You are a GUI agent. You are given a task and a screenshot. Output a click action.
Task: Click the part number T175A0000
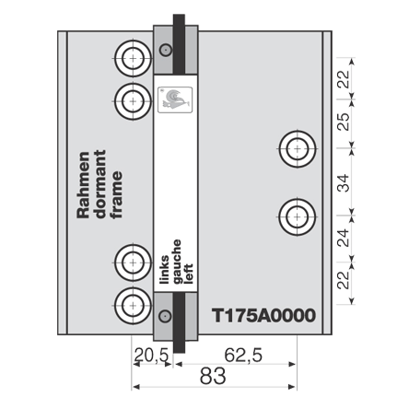[x=263, y=315]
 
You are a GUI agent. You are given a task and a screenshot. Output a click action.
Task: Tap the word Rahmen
[x=83, y=185]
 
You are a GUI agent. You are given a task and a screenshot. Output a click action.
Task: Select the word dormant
[x=100, y=184]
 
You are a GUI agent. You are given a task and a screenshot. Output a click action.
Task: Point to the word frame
[x=117, y=194]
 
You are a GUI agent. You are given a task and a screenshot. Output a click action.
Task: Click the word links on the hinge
[x=165, y=269]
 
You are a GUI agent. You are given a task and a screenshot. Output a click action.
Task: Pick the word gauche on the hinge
[x=177, y=262]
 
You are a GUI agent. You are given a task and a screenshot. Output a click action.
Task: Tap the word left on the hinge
[x=188, y=274]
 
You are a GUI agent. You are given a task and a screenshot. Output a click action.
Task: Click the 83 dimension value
[x=213, y=377]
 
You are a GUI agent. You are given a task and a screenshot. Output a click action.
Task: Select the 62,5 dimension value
[x=243, y=356]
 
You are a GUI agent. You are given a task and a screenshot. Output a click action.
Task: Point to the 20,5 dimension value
[x=152, y=356]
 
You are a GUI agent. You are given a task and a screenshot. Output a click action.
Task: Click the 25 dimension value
[x=344, y=122]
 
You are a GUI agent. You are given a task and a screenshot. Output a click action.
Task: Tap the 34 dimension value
[x=344, y=183]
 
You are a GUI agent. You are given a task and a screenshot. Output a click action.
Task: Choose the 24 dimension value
[x=344, y=238]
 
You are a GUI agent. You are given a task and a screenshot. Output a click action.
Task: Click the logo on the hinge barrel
[x=175, y=99]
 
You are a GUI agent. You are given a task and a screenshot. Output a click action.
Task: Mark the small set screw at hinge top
[x=166, y=50]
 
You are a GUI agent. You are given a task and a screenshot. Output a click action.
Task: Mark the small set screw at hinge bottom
[x=165, y=316]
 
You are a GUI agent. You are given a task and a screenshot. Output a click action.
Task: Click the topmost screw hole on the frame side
[x=133, y=58]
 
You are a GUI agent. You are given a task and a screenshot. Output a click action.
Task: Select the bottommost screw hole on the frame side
[x=133, y=306]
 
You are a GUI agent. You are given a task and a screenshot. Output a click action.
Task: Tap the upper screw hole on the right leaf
[x=298, y=149]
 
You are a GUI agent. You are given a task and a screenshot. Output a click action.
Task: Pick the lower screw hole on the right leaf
[x=298, y=216]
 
